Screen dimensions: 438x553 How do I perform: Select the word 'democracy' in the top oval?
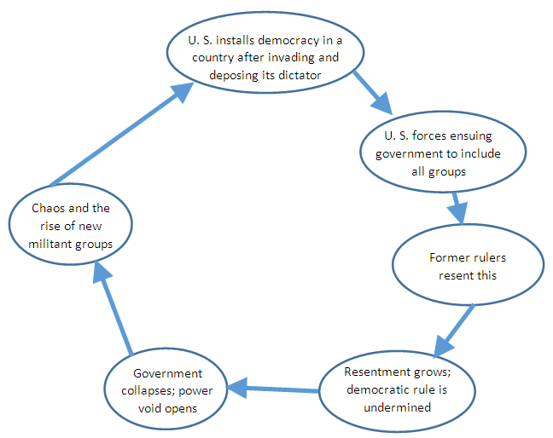coord(286,40)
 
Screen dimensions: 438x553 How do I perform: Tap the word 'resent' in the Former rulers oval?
coord(456,274)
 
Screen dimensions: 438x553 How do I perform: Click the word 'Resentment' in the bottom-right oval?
coord(376,372)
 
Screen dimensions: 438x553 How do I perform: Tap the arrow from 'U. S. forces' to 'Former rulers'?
coord(458,206)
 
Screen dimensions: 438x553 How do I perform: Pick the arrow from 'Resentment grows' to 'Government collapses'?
coord(273,389)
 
